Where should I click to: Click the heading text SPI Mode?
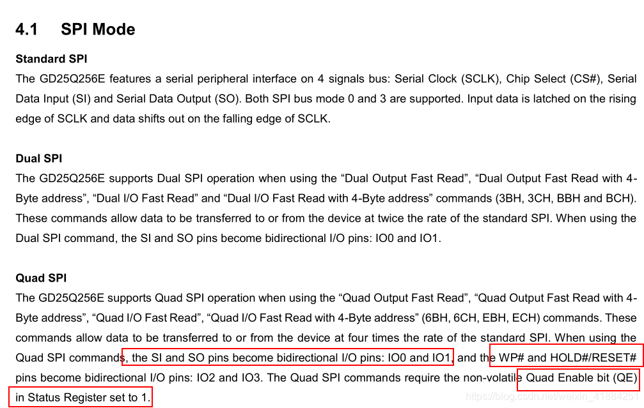click(x=98, y=29)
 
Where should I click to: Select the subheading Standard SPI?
click(x=51, y=59)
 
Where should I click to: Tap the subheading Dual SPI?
click(x=38, y=158)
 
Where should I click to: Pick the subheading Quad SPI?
click(x=41, y=278)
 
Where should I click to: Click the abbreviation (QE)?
click(x=625, y=377)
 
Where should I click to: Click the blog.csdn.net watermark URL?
click(x=552, y=397)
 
